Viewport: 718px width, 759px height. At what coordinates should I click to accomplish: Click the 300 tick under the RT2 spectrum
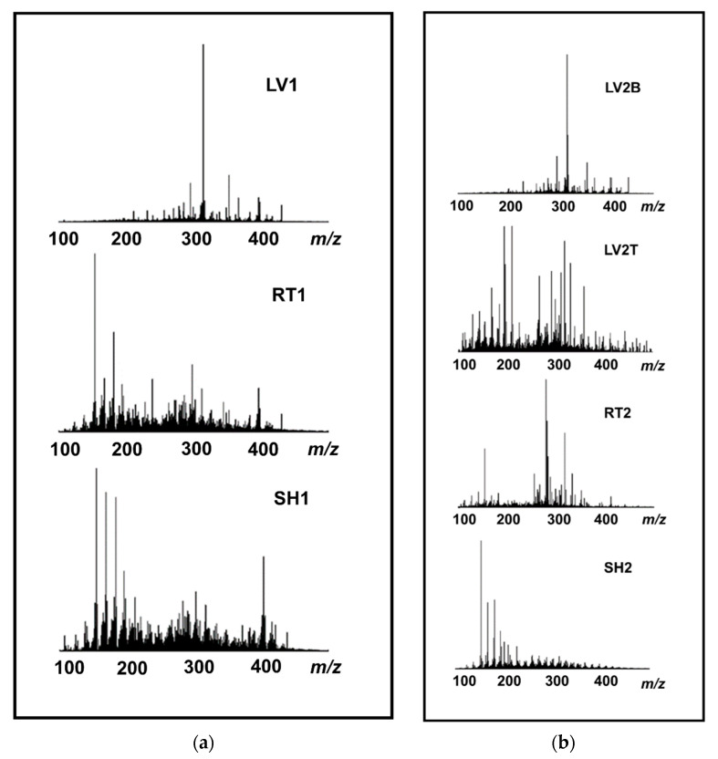pyautogui.click(x=557, y=520)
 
